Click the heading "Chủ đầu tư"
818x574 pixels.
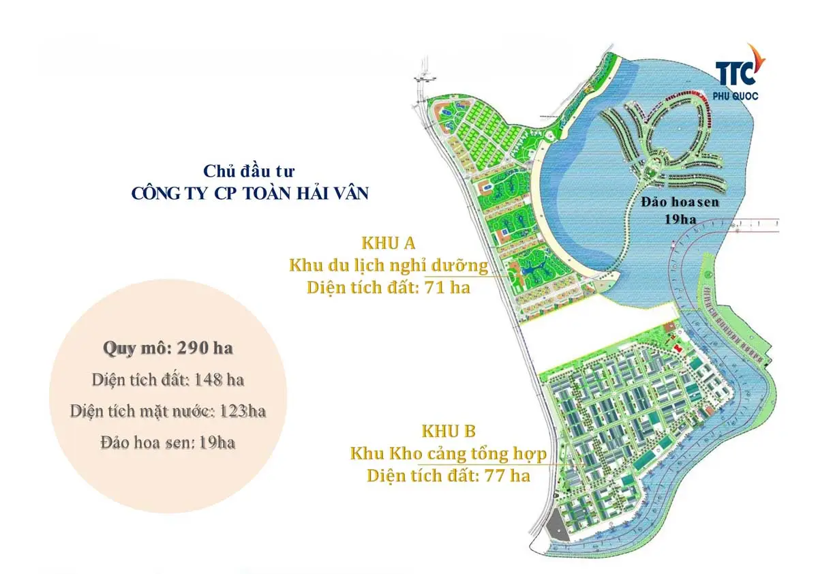click(249, 171)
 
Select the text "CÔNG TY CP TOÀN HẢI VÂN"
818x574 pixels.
click(249, 193)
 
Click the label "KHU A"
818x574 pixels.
click(389, 243)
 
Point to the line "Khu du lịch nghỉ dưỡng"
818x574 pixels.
click(389, 265)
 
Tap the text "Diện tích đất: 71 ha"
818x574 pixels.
click(389, 287)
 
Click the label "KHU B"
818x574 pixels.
click(449, 432)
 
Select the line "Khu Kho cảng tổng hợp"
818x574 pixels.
click(449, 453)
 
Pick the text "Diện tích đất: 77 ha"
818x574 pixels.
click(449, 476)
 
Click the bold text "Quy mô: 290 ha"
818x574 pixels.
click(168, 348)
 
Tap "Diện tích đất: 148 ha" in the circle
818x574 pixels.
click(168, 380)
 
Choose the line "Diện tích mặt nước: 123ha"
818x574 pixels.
click(168, 411)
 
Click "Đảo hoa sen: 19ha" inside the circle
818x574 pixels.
click(168, 442)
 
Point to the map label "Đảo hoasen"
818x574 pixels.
click(680, 202)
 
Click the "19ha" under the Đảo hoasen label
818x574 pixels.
click(680, 219)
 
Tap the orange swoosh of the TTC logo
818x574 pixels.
click(753, 60)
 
